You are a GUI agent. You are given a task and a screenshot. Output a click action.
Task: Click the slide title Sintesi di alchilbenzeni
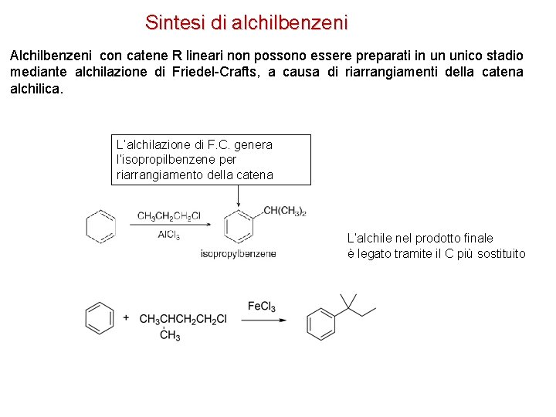(x=246, y=22)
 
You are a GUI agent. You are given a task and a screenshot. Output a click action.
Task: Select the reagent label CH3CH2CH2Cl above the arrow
(x=169, y=216)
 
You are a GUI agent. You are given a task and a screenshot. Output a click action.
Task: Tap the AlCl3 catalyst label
(x=168, y=235)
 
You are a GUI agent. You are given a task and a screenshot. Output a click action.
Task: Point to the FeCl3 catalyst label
(x=262, y=307)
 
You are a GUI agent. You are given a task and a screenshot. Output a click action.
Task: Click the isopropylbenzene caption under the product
(x=238, y=254)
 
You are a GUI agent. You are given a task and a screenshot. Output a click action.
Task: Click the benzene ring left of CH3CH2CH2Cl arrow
(x=100, y=225)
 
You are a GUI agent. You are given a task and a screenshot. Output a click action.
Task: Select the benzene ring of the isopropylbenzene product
(x=238, y=226)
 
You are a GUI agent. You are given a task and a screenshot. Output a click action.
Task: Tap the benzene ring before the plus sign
(x=99, y=318)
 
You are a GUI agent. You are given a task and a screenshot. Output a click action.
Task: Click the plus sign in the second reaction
(x=126, y=318)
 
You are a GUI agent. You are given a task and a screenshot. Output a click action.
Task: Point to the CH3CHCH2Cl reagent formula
(x=183, y=319)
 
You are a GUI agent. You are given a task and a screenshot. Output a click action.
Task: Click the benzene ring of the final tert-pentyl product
(x=320, y=323)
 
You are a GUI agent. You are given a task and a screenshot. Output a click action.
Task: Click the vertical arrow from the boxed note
(x=238, y=197)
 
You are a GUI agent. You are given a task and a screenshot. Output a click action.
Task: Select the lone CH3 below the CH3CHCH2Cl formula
(x=170, y=335)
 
